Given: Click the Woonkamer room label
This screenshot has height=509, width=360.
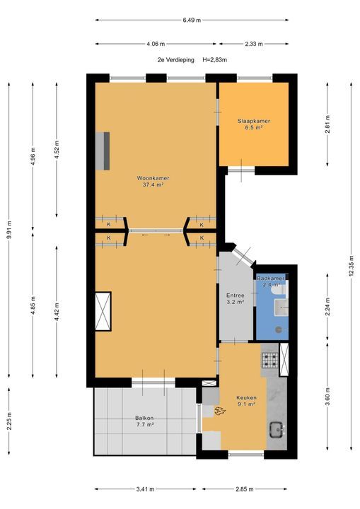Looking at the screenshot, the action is pyautogui.click(x=153, y=178).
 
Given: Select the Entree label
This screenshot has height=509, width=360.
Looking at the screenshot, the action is pyautogui.click(x=236, y=296).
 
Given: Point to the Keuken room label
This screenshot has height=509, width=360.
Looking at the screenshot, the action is pyautogui.click(x=246, y=397).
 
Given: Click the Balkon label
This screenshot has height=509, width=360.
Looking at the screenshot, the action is pyautogui.click(x=144, y=418).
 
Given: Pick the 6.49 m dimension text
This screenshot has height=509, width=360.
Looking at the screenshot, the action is pyautogui.click(x=192, y=20).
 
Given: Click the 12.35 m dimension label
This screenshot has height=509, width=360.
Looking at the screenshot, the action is pyautogui.click(x=351, y=266).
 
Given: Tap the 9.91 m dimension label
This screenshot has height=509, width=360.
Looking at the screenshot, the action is pyautogui.click(x=9, y=230).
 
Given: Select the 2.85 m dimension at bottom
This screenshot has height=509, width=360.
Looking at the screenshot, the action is pyautogui.click(x=244, y=489).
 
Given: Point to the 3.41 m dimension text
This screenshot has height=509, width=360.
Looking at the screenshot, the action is pyautogui.click(x=145, y=489).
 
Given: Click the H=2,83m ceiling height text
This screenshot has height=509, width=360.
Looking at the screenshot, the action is pyautogui.click(x=214, y=59).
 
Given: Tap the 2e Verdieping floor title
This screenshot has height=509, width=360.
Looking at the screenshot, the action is pyautogui.click(x=176, y=59).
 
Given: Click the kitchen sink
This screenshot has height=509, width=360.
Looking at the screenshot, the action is pyautogui.click(x=277, y=429).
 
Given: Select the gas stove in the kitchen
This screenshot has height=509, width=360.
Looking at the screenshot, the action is pyautogui.click(x=270, y=361).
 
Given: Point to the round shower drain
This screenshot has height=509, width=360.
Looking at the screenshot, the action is pyautogui.click(x=279, y=329).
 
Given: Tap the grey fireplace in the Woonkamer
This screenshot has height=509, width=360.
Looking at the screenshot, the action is pyautogui.click(x=103, y=151).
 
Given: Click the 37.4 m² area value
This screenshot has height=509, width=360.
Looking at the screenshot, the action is pyautogui.click(x=153, y=185).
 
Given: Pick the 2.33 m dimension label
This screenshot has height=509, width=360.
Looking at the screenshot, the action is pyautogui.click(x=254, y=44).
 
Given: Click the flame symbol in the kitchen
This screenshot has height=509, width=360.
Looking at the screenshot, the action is pyautogui.click(x=220, y=411).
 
